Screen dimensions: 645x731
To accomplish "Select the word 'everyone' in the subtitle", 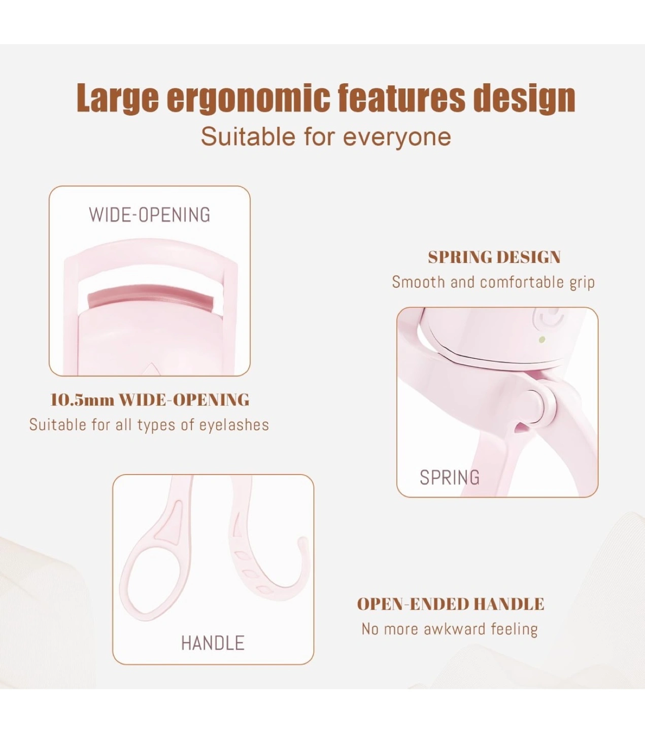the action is coord(397,138).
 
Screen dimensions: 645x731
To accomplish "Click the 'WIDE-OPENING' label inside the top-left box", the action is coord(150,215).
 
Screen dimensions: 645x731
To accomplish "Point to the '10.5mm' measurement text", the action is coord(82,400).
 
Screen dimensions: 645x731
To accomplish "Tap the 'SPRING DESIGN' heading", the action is coord(494,257).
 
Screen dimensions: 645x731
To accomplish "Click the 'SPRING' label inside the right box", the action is coord(450,477).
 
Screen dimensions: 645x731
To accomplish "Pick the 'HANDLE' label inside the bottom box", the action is coord(213,643).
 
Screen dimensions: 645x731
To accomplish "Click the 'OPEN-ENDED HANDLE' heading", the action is coord(451,604).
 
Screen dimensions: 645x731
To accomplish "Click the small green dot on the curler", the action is coord(541,340).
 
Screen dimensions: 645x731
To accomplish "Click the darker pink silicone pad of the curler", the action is coord(150,295).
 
